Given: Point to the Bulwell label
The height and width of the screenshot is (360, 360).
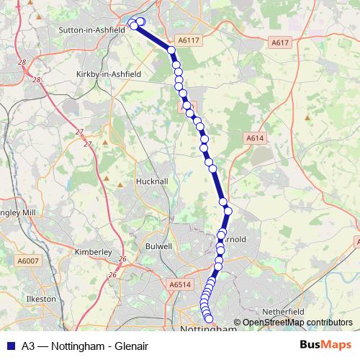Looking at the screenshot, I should click(158, 246).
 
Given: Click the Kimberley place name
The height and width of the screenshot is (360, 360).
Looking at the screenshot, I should click(94, 252).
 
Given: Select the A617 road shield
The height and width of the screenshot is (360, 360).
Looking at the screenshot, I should click(281, 43).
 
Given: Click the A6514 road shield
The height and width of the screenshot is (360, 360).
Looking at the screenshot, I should click(180, 285).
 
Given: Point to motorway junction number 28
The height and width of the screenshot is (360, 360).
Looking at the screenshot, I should click(22, 63).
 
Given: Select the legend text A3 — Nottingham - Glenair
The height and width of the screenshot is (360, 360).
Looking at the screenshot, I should click(85, 346).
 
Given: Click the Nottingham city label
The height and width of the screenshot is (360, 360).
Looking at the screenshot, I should click(209, 329).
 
